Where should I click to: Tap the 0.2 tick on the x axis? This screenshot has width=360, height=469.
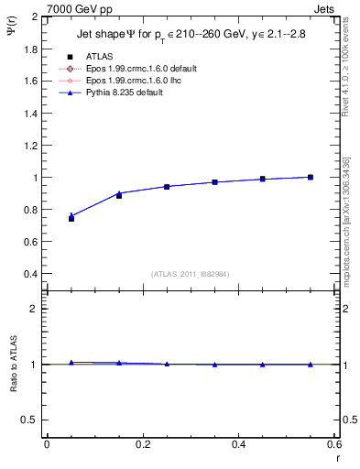142,445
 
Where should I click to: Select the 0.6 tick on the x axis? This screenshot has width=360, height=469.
334,445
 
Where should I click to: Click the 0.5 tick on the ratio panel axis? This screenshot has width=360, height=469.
33,420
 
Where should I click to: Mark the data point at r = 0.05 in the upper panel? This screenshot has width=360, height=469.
71,218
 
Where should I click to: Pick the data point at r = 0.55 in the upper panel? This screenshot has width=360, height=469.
311,177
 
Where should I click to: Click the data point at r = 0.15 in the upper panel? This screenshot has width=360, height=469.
119,195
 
